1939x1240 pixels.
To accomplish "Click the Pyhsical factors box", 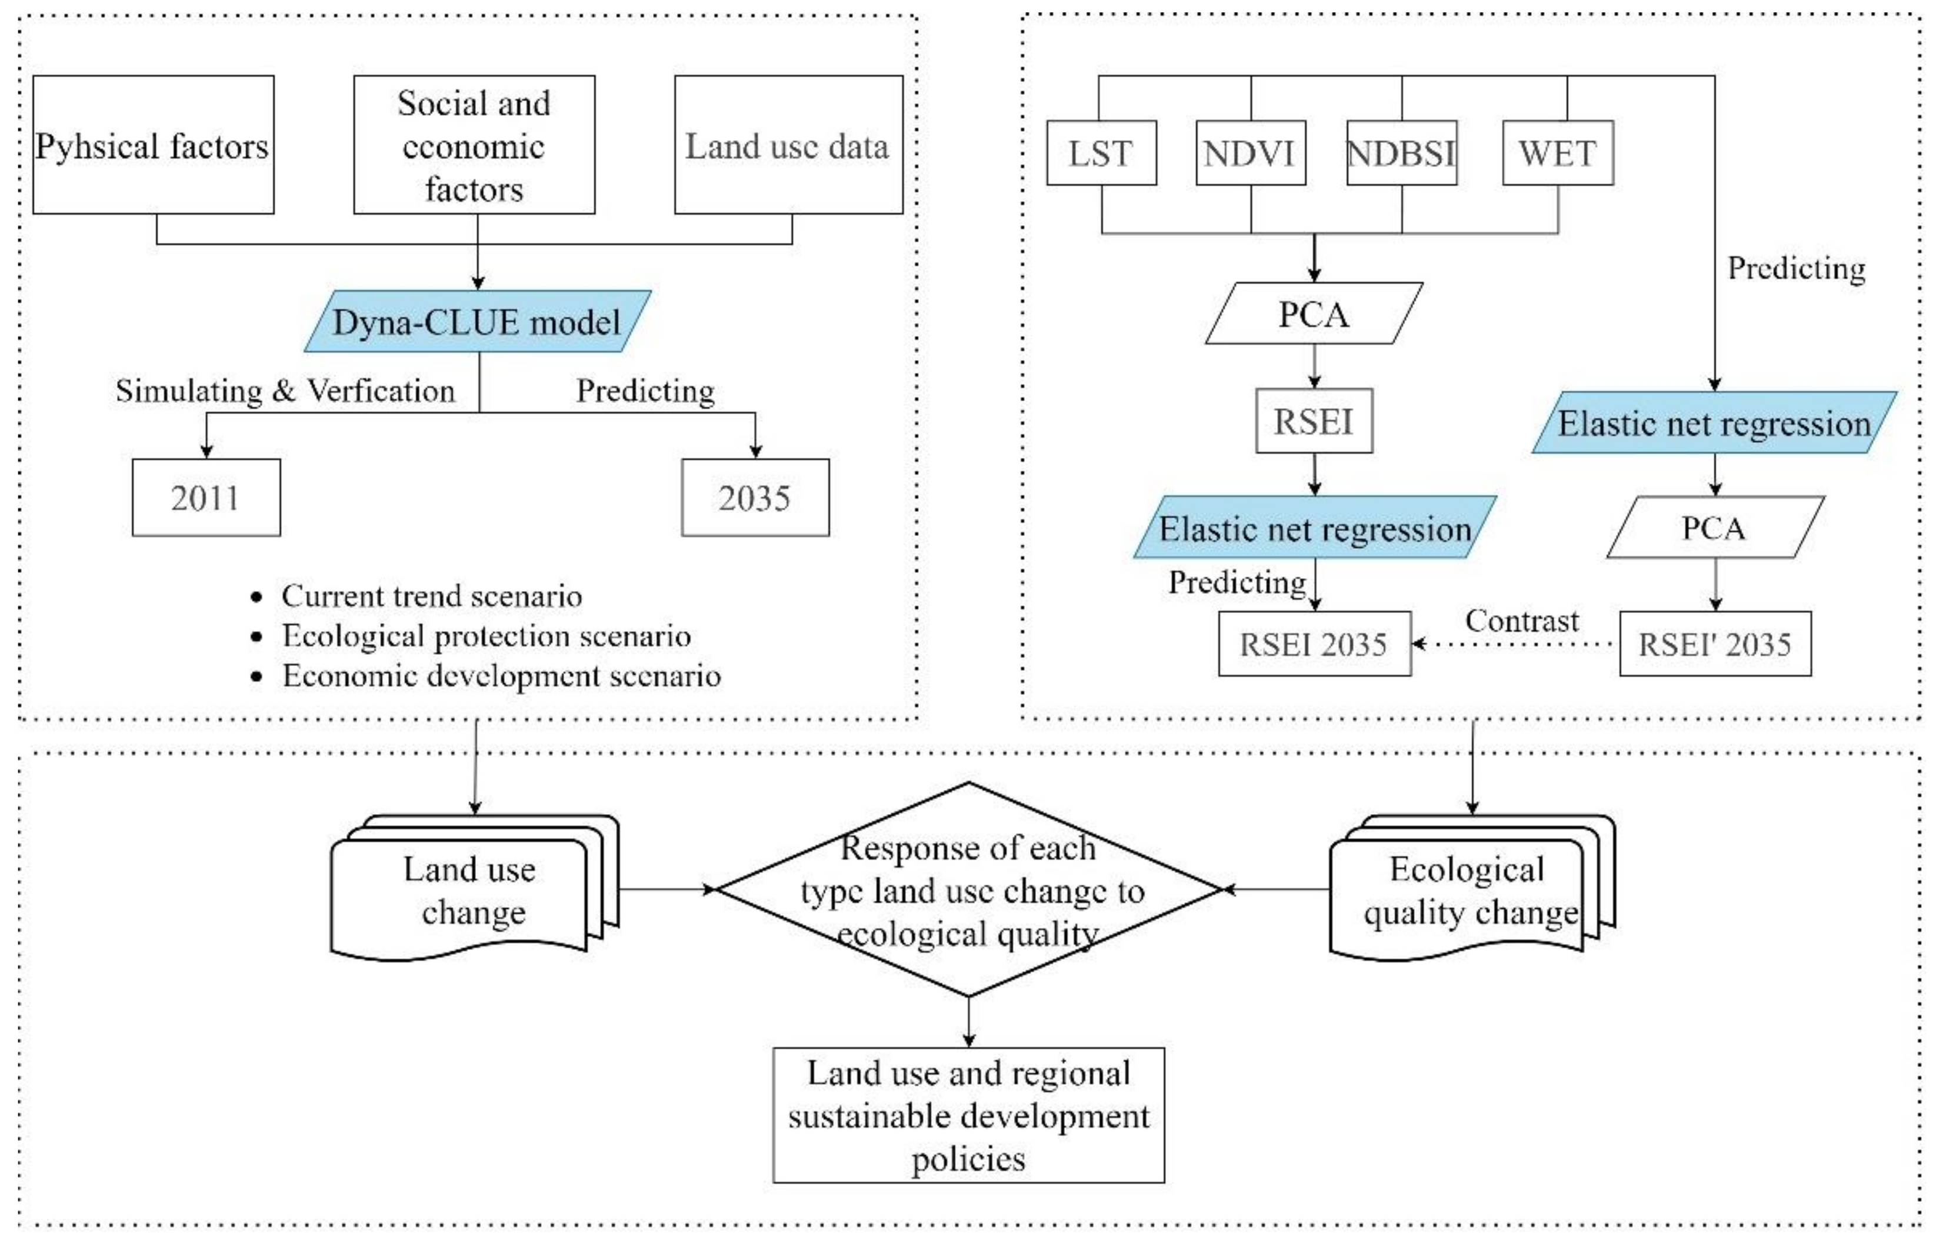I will coord(153,145).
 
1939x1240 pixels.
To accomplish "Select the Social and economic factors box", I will coord(474,145).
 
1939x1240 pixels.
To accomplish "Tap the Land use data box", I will coord(788,145).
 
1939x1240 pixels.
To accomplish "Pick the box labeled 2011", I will coord(206,498).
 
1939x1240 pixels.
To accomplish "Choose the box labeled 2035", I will coord(755,498).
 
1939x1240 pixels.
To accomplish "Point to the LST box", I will coord(1101,153).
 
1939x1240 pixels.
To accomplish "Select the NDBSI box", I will coord(1401,153).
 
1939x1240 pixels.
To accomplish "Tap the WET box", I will coord(1557,153).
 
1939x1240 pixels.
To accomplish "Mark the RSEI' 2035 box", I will coord(1714,644).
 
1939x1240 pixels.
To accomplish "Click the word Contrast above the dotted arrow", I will coord(1521,621).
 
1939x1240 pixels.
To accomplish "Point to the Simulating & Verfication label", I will coord(285,391).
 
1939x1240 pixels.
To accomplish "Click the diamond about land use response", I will coord(969,890).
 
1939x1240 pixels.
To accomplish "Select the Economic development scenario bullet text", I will coord(501,675).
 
